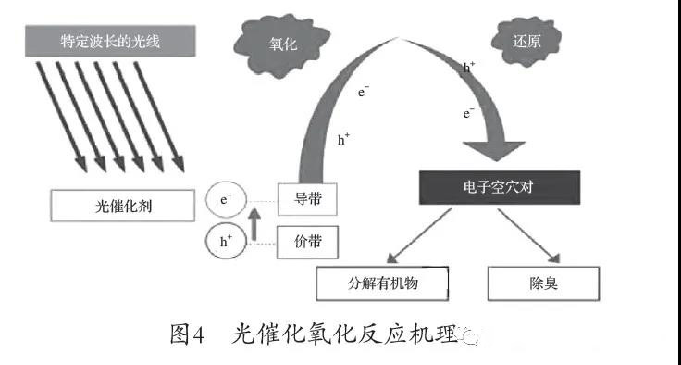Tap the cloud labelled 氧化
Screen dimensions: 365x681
tap(280, 43)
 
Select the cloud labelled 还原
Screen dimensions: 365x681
tap(527, 40)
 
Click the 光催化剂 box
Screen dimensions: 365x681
tap(123, 205)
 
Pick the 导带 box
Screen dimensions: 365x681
tap(308, 198)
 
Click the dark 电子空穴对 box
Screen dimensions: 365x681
tap(500, 186)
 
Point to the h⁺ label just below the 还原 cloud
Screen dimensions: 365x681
tap(469, 69)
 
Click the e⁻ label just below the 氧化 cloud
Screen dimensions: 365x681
tap(365, 91)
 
